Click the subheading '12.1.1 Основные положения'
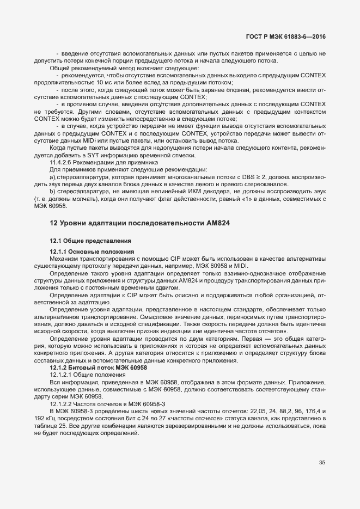coord(84,252)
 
